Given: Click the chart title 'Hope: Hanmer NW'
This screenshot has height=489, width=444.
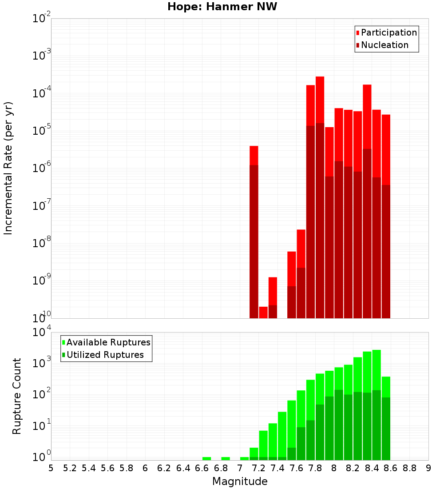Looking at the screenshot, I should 222,7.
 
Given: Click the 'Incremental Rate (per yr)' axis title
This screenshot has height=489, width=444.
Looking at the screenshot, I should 8,168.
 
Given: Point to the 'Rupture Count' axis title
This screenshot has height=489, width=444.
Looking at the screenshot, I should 17,396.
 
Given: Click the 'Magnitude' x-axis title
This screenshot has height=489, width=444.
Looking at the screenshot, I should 240,481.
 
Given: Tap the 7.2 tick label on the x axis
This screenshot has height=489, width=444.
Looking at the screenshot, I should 258,468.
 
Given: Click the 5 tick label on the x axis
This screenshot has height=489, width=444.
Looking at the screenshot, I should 51,468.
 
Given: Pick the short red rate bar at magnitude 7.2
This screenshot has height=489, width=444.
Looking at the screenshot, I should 263,313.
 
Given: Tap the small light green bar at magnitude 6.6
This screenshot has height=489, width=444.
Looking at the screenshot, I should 206,458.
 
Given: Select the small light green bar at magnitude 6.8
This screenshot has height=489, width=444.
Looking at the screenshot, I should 226,458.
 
